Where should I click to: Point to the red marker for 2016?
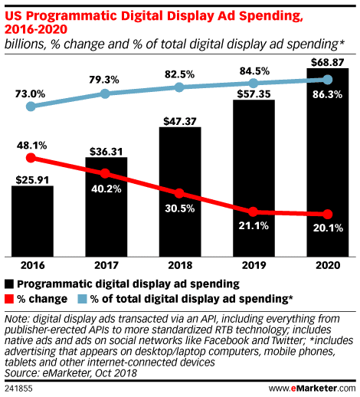coord(31,159)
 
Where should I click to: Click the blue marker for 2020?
coord(328,80)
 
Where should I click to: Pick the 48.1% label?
coord(30,143)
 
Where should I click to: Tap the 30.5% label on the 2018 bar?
coord(180,207)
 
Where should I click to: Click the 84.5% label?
coord(254,72)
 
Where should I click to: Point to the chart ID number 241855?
coord(19,389)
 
